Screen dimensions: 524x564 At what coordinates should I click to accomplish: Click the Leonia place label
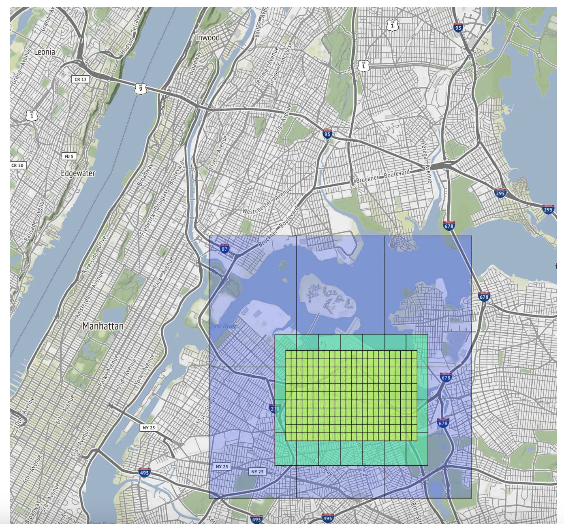45,52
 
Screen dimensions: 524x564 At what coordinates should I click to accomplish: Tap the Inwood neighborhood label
208,37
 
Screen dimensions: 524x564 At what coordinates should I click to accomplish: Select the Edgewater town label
78,173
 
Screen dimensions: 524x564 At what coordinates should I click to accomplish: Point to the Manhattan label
103,326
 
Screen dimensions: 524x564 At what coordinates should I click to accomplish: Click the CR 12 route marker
81,79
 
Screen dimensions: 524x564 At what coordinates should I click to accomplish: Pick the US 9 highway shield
141,88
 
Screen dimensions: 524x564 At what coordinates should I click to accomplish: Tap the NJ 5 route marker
69,156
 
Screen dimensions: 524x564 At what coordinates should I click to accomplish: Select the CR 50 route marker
17,165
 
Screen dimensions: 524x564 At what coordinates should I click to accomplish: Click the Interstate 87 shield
224,249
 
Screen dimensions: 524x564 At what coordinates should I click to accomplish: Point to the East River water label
223,326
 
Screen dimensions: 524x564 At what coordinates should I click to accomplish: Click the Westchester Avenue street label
267,201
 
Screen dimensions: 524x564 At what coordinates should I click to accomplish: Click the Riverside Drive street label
94,255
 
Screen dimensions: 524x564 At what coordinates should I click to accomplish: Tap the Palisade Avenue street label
34,219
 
